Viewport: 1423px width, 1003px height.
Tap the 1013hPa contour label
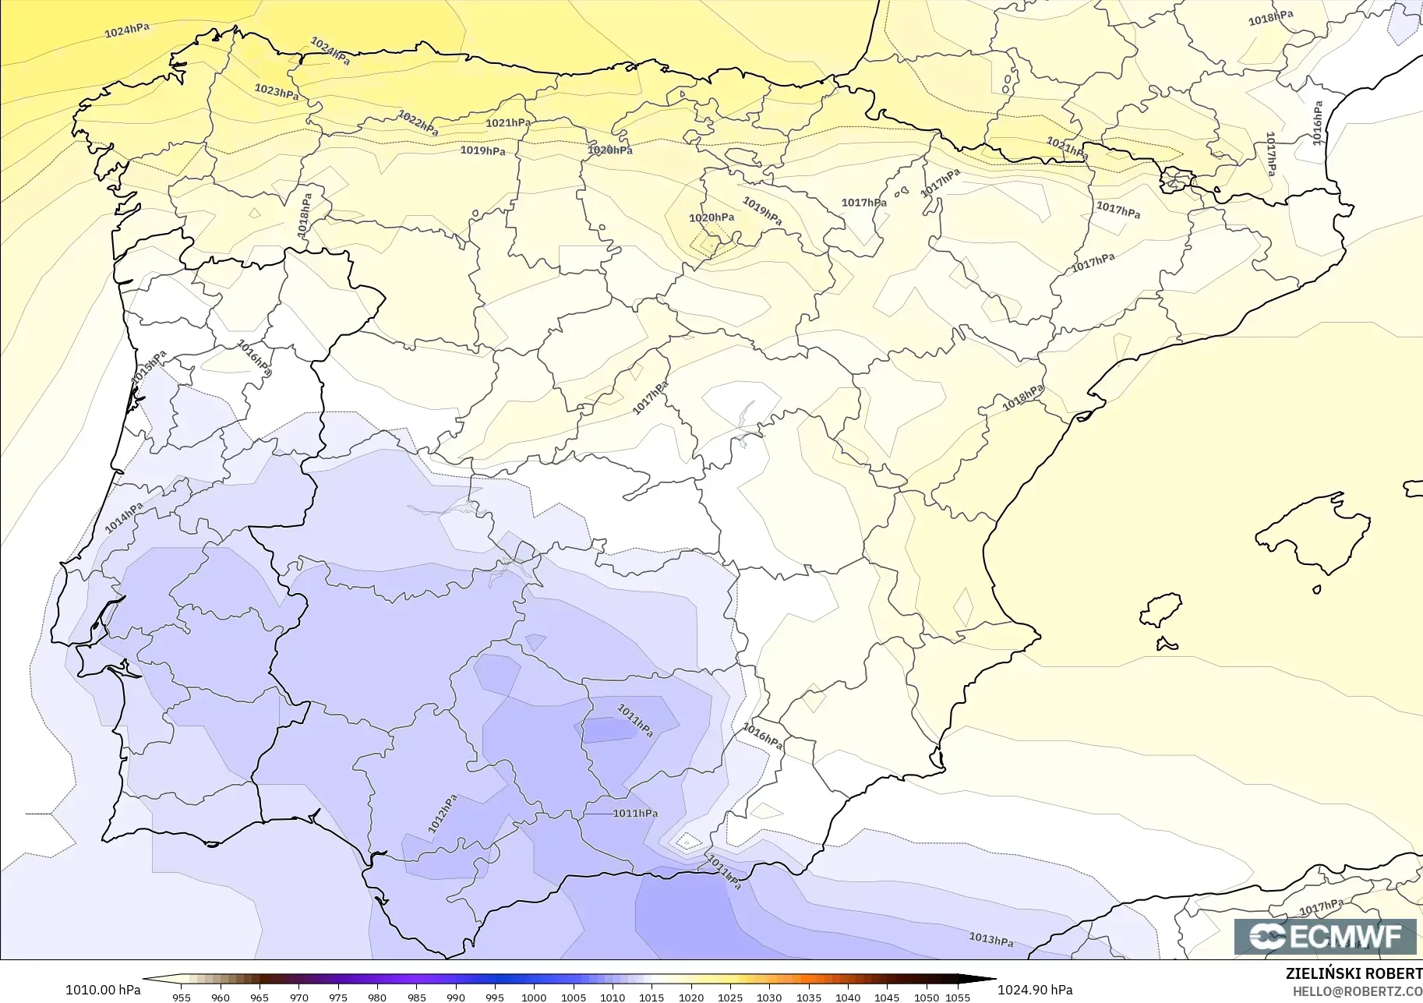tap(990, 940)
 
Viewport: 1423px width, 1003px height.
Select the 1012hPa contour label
tap(443, 814)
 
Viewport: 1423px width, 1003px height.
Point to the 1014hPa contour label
tap(124, 517)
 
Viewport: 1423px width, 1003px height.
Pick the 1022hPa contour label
tap(418, 123)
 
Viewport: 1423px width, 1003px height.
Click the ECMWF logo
tap(1325, 936)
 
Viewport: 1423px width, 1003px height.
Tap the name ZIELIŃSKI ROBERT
tap(1354, 973)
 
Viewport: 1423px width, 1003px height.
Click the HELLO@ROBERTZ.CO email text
tap(1358, 992)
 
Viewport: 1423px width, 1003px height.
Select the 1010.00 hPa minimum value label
tap(103, 990)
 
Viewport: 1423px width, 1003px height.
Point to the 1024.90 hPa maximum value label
tap(1035, 990)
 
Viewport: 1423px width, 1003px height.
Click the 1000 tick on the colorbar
tap(534, 998)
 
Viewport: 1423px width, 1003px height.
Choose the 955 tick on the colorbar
tap(182, 998)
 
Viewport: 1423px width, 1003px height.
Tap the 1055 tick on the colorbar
tap(958, 998)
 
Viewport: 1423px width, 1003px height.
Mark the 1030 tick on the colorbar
tap(769, 998)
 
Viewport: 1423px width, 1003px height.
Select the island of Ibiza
tap(1161, 610)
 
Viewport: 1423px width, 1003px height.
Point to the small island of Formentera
tap(1167, 644)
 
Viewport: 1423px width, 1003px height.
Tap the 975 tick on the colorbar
tap(338, 998)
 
